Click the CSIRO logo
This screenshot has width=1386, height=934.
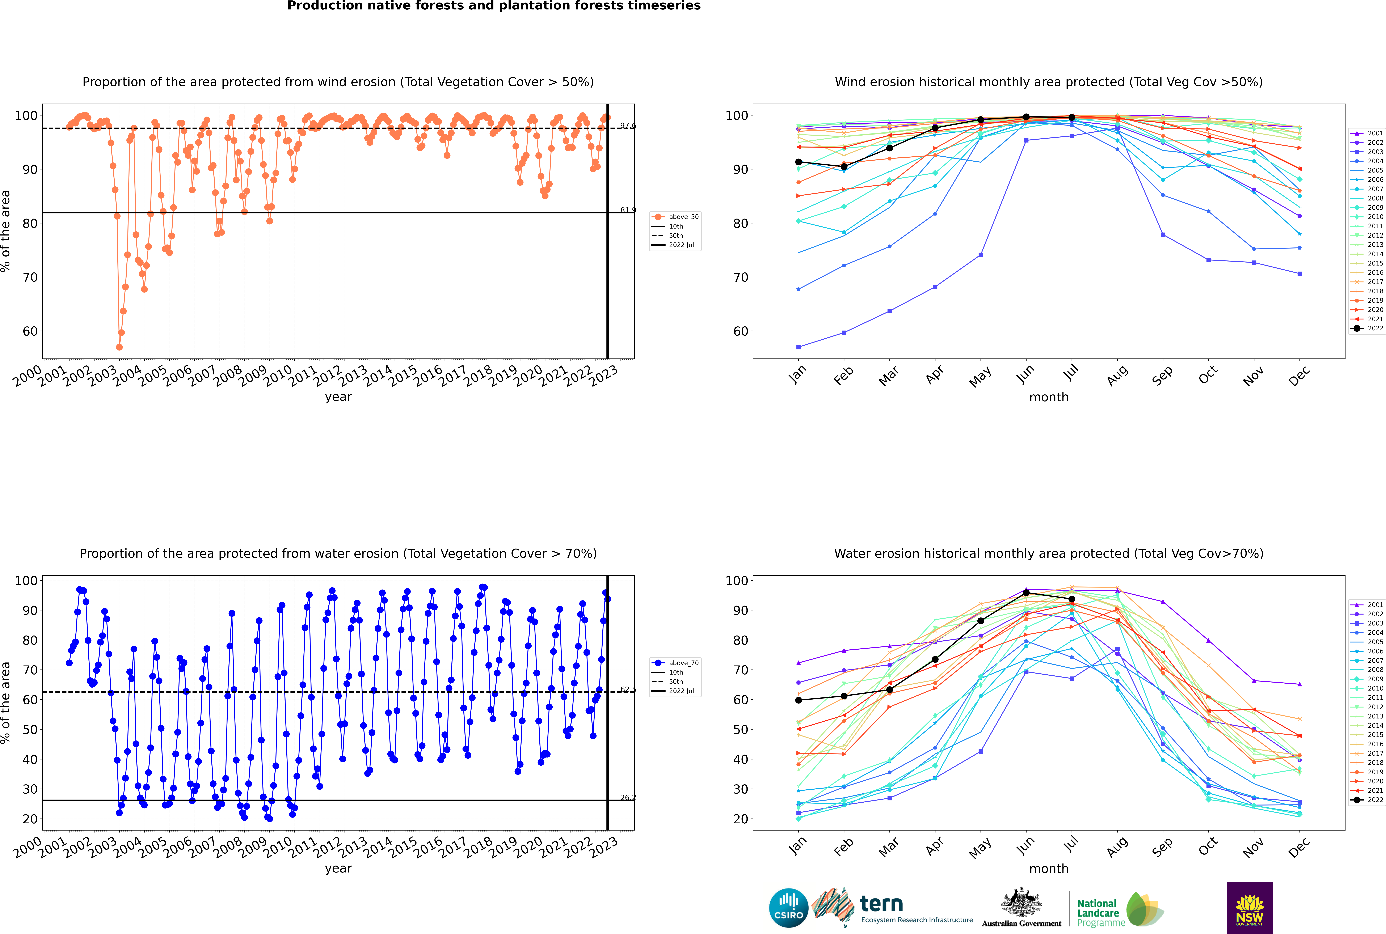point(788,908)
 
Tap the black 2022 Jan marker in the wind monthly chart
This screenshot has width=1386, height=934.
point(799,162)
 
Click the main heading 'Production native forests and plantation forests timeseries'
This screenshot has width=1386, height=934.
point(494,6)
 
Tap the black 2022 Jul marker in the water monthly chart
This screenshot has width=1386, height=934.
point(1071,599)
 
